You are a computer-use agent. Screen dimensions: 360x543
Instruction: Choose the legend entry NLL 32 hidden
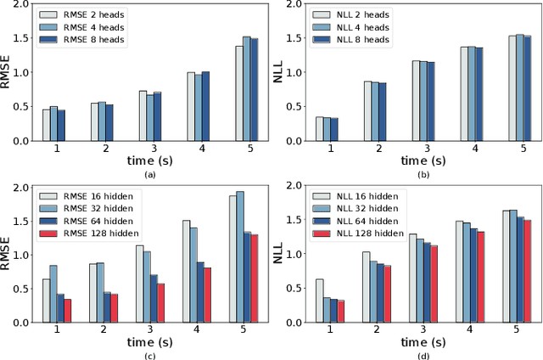tap(360, 208)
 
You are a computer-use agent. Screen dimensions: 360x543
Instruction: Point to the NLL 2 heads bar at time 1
tap(319, 127)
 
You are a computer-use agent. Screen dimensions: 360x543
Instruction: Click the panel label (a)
tap(150, 174)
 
